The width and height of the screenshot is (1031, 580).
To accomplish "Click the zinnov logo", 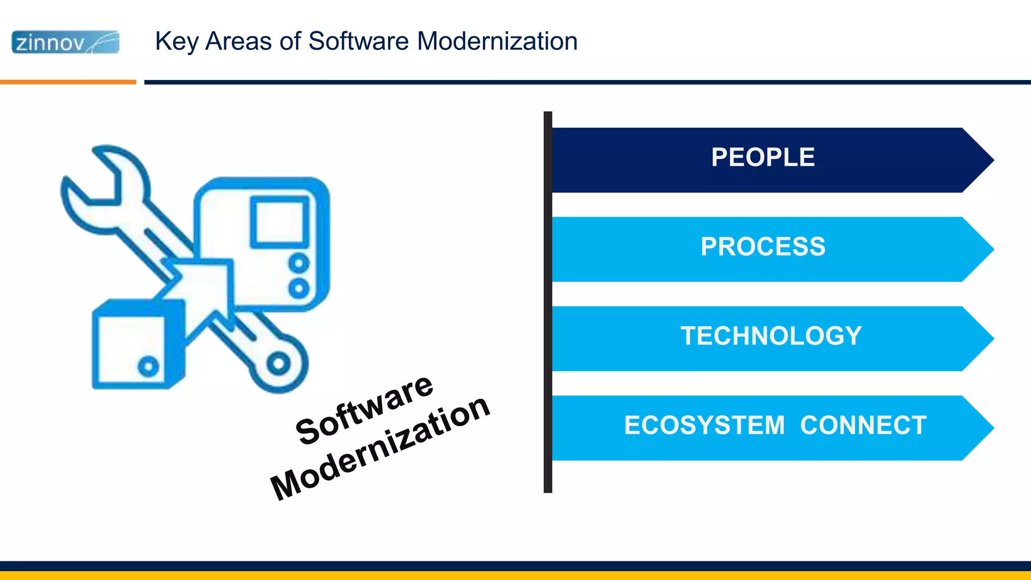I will click(65, 42).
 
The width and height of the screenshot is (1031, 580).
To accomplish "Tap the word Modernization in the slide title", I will click(497, 41).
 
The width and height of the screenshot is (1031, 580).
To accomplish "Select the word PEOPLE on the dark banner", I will click(763, 158).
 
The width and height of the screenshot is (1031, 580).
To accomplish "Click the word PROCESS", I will click(763, 247).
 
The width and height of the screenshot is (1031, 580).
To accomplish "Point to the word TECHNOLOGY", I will click(771, 336).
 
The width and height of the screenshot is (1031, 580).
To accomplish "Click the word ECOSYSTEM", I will click(704, 425).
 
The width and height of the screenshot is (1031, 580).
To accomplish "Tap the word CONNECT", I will click(863, 425).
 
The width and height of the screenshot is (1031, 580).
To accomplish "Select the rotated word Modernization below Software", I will click(380, 448).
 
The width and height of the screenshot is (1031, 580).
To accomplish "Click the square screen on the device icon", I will click(279, 222).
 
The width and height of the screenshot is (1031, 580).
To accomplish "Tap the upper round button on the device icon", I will click(299, 263).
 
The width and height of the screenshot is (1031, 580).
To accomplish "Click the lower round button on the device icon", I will click(299, 288).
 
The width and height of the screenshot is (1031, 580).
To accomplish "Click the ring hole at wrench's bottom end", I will click(278, 364).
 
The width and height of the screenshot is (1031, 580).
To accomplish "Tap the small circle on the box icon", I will click(149, 367).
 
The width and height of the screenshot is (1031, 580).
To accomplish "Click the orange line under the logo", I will click(68, 82).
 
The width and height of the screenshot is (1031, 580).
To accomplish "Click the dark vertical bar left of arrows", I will click(548, 302).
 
